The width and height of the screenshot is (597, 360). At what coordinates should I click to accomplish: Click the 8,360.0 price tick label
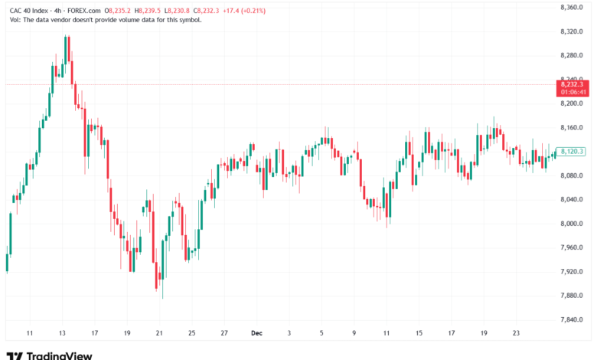pos(572,7)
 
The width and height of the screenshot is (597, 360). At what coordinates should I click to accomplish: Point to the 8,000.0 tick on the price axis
pos(572,224)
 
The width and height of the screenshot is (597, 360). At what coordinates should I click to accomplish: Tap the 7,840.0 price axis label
pos(572,319)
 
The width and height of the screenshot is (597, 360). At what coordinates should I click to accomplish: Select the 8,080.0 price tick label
pos(572,175)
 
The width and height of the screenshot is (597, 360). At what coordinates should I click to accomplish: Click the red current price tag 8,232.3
pos(573,84)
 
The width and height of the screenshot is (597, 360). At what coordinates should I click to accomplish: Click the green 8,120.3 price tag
pos(571,152)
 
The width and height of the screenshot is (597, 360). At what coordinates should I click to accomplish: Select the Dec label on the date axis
pos(256,333)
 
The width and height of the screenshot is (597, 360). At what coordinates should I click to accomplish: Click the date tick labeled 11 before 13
pos(30,333)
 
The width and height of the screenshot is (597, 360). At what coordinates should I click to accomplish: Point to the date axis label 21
pos(159,333)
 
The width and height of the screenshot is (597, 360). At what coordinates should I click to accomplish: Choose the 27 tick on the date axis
pos(224,333)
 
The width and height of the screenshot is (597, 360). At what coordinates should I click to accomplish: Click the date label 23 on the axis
pos(516,333)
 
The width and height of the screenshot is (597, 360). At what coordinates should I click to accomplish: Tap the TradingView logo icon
pos(15,356)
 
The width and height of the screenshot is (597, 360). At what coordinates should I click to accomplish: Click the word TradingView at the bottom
pos(60,356)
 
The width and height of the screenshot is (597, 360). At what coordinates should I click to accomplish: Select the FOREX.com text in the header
pos(83,11)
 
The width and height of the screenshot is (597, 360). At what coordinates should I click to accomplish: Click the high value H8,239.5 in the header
pos(148,11)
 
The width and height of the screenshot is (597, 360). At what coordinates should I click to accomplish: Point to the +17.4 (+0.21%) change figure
pos(244,11)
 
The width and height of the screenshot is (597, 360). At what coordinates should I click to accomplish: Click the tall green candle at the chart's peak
pos(66,50)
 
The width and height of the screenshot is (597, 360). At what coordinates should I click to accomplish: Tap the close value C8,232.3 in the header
pos(207,11)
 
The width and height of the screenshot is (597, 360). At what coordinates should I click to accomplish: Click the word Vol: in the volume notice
pos(15,20)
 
